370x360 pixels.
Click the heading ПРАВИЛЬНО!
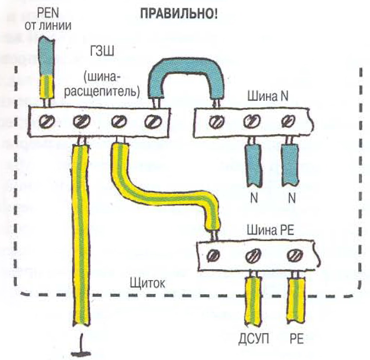pos(179,15)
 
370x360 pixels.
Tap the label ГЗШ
pos(102,51)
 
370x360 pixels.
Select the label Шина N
pos(268,96)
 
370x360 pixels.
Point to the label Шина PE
pos(270,230)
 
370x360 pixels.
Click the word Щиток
pos(148,284)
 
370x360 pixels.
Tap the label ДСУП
pos(254,339)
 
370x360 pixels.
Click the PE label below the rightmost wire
pos(296,339)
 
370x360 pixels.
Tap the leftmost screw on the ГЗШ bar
pos(46,121)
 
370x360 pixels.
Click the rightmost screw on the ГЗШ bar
pos(153,122)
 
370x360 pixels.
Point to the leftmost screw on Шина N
pos(216,122)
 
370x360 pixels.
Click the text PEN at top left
pos(48,13)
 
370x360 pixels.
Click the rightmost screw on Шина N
pos(289,120)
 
